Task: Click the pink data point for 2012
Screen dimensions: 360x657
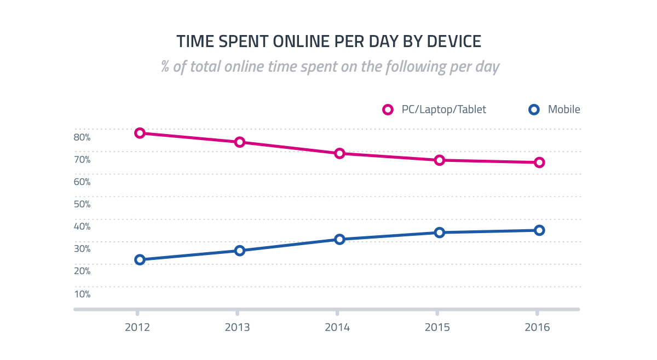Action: pyautogui.click(x=140, y=133)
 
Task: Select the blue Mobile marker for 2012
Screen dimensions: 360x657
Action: pyautogui.click(x=140, y=259)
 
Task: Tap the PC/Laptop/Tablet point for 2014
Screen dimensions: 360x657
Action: pyautogui.click(x=339, y=153)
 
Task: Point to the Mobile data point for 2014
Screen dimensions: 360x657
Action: pyautogui.click(x=339, y=239)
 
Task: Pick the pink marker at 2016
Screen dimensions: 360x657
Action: pyautogui.click(x=539, y=162)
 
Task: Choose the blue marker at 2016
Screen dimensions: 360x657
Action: pyautogui.click(x=539, y=230)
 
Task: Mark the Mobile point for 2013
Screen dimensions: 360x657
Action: pyautogui.click(x=240, y=251)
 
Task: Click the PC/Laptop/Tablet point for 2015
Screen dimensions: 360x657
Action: pyautogui.click(x=439, y=160)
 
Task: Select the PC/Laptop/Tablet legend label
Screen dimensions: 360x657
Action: pyautogui.click(x=443, y=109)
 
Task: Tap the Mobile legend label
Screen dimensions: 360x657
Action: pyautogui.click(x=564, y=109)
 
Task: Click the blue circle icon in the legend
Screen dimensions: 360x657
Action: pyautogui.click(x=534, y=109)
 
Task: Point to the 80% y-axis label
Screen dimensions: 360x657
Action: pyautogui.click(x=82, y=137)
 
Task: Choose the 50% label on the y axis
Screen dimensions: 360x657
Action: pyautogui.click(x=82, y=204)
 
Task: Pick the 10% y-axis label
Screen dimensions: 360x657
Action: pyautogui.click(x=82, y=294)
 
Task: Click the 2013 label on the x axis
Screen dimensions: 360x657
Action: pyautogui.click(x=237, y=328)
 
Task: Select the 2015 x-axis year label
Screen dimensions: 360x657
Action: pyautogui.click(x=437, y=328)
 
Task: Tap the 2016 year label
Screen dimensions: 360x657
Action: pyautogui.click(x=537, y=328)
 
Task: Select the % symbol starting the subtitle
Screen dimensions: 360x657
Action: pyautogui.click(x=165, y=67)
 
